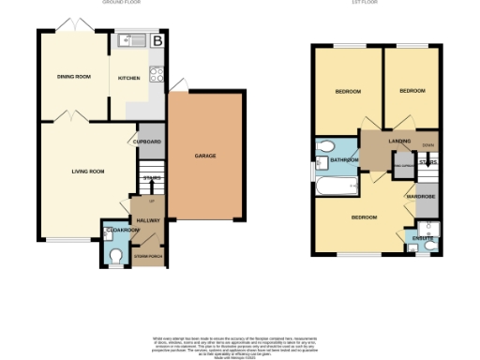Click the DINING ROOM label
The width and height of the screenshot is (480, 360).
click(73, 78)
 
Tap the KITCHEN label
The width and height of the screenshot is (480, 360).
click(130, 78)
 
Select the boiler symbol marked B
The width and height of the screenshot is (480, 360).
click(157, 40)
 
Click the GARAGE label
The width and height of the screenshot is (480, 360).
click(206, 155)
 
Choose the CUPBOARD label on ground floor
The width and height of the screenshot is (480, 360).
click(147, 142)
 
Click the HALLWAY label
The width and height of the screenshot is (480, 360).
click(148, 220)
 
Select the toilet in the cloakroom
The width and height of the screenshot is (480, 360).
click(115, 253)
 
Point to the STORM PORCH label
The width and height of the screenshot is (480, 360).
click(148, 255)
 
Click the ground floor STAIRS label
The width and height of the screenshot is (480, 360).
click(151, 177)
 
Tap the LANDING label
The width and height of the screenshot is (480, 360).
click(385, 142)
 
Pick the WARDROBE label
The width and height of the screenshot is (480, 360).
click(418, 196)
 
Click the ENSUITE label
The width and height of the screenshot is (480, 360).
click(423, 239)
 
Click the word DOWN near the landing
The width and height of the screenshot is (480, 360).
click(427, 145)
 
